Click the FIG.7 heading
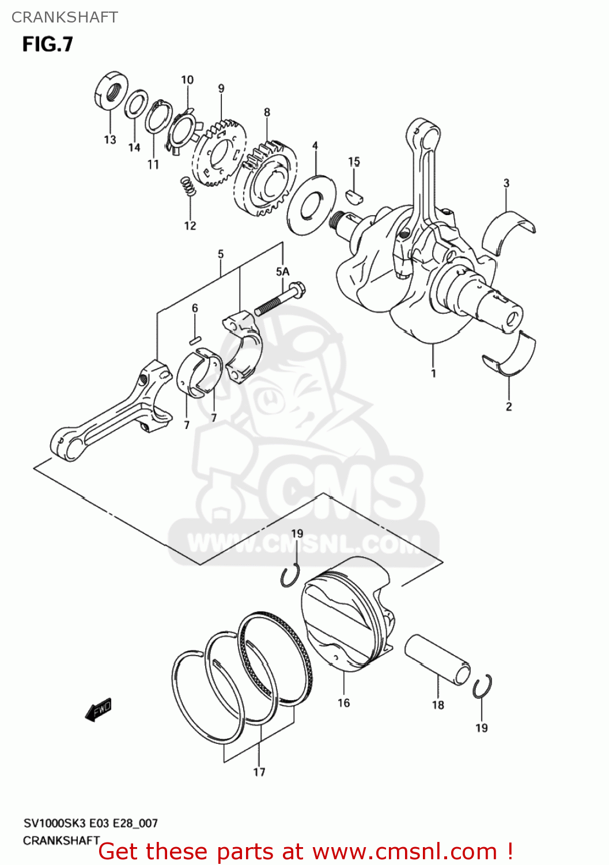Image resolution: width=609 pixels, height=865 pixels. pos(48,44)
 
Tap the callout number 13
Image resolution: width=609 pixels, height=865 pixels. pos(109,140)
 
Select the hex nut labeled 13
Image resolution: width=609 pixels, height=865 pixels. pos(110,92)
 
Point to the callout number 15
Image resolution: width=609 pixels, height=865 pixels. pos(354,161)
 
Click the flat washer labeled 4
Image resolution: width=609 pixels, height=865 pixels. pos(311,204)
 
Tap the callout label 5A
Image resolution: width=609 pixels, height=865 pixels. pos(282,272)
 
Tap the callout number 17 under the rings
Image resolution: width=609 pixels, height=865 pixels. pos(259,772)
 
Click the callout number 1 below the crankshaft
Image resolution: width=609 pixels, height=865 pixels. pos(433,373)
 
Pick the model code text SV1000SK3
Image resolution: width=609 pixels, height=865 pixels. pos(50,823)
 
